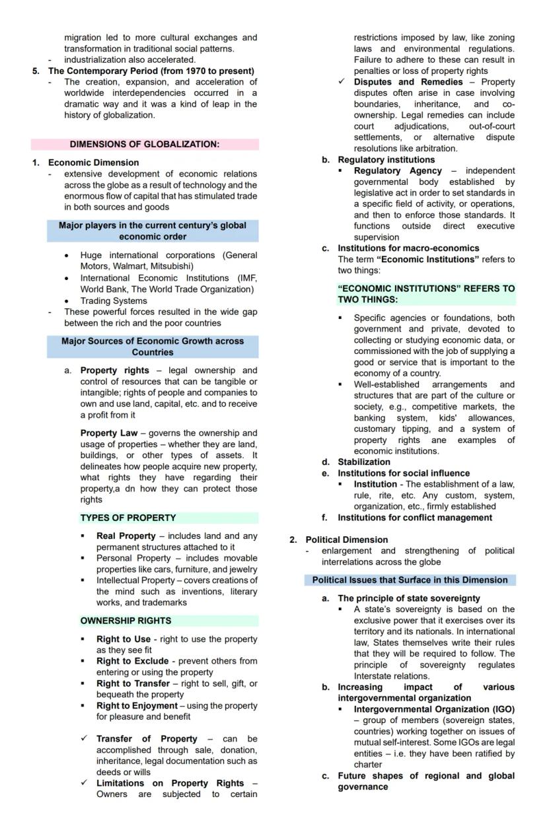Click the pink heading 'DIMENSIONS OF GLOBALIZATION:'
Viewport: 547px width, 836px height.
coord(145,144)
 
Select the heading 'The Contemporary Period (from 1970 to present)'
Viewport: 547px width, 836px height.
coord(151,71)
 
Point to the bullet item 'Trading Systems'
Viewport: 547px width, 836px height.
coord(114,300)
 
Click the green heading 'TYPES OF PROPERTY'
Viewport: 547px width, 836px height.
coord(128,518)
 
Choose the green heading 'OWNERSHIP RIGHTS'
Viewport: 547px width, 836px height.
coord(126,621)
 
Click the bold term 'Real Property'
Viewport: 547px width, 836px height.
coord(126,536)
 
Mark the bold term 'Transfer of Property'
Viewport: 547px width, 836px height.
coord(147,739)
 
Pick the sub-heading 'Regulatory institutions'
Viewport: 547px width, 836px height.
coord(386,160)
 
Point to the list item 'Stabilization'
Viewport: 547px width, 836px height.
coord(364,462)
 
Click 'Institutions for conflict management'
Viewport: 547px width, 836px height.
coord(415,518)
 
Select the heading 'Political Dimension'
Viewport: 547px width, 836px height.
coord(346,540)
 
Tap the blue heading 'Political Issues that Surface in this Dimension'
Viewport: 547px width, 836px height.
coord(410,580)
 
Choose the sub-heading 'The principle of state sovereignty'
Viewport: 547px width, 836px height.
coord(409,598)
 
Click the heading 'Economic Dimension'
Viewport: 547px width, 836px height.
coord(93,162)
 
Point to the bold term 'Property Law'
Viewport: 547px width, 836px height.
coord(109,433)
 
